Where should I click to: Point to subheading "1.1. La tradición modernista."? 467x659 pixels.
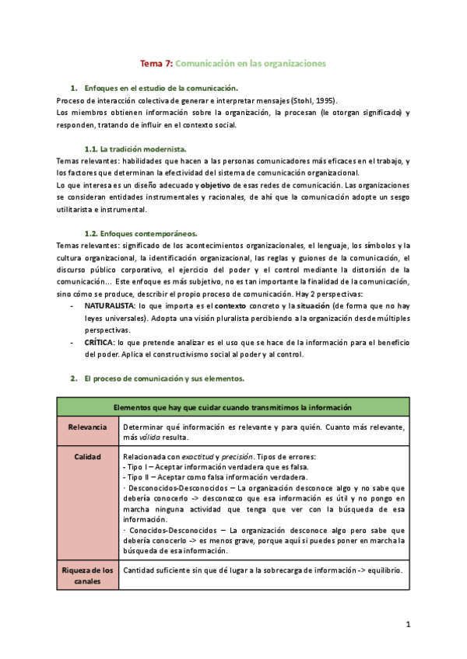pos(135,148)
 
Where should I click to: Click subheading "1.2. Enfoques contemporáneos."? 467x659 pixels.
pos(140,233)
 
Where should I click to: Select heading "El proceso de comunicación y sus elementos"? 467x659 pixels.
pos(164,378)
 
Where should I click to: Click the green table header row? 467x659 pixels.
pos(233,407)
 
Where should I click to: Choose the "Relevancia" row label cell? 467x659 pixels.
pos(87,427)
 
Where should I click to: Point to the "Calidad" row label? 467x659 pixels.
pos(87,457)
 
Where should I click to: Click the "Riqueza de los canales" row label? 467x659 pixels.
pos(87,577)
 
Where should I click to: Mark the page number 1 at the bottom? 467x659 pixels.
pos(408,624)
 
